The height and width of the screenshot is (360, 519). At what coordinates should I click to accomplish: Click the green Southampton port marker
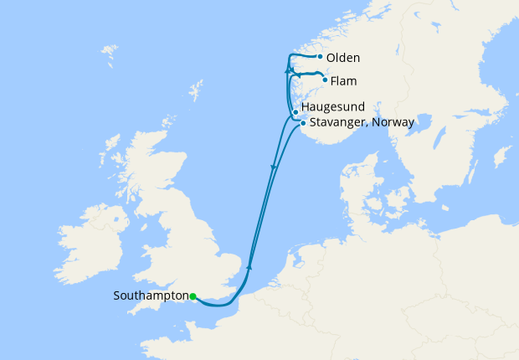(x=193, y=296)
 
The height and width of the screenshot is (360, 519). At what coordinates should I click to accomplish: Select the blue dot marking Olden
(x=321, y=57)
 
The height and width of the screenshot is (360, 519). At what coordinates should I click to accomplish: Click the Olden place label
(x=343, y=58)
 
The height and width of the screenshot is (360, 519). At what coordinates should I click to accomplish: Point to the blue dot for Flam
(x=324, y=80)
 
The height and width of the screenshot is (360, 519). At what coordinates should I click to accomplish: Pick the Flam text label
(x=344, y=81)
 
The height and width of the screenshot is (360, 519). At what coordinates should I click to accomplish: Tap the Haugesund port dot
(x=295, y=112)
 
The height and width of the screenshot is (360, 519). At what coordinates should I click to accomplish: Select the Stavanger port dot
(x=302, y=123)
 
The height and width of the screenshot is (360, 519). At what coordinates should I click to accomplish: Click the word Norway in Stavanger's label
(x=393, y=122)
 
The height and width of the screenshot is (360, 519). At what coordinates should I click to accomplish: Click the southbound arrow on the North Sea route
(x=273, y=168)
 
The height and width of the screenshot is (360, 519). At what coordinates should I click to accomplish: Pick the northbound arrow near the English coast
(x=249, y=267)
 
